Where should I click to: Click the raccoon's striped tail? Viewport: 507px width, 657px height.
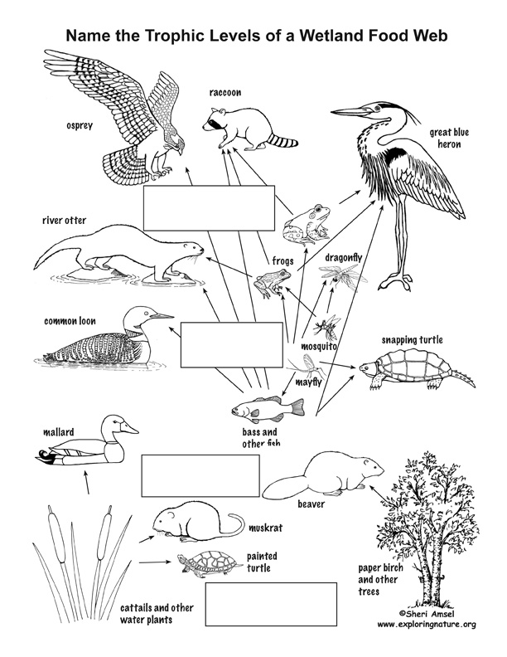[283, 141]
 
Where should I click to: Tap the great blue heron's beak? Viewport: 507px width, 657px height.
[352, 112]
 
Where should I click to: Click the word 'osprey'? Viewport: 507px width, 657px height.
[80, 125]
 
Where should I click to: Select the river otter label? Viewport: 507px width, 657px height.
[64, 220]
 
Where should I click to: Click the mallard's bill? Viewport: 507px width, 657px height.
[130, 428]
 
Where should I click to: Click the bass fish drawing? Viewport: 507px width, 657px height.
[268, 408]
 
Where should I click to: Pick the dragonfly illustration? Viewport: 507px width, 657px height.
[343, 275]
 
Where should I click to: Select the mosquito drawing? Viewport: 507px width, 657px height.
[326, 327]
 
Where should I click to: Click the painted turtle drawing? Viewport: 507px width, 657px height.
[210, 562]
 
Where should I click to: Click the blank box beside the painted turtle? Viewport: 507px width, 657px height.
[271, 604]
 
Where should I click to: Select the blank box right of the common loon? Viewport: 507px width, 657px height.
[232, 345]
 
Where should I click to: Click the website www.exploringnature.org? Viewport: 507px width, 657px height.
[427, 625]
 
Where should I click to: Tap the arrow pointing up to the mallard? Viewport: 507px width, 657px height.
[87, 482]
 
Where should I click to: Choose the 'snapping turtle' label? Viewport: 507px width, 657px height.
[412, 339]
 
